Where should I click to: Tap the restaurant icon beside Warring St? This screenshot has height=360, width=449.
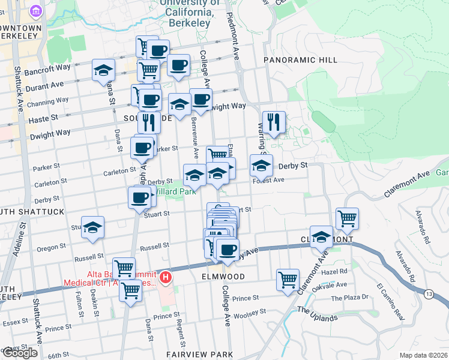pos(274,122)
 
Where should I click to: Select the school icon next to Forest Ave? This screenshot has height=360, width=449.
pos(261,165)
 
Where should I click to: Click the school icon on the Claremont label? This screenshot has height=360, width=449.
pos(322,236)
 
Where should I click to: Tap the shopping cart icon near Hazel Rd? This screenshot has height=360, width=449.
pos(288,279)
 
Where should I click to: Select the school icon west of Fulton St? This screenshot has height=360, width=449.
pos(92,227)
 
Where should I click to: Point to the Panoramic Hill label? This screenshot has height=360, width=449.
pos(294,60)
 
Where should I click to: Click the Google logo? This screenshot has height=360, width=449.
pos(19,353)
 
